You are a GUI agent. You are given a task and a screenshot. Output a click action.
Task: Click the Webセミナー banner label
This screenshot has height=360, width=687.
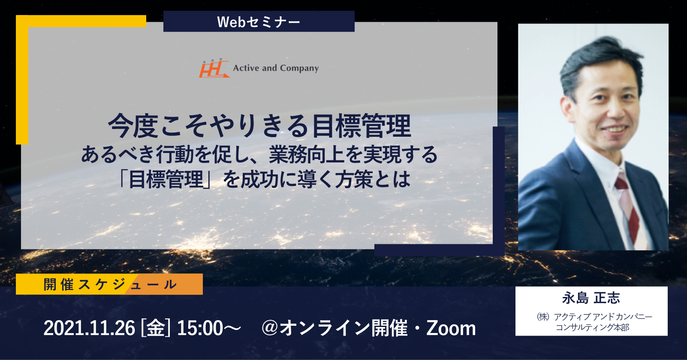tap(259, 22)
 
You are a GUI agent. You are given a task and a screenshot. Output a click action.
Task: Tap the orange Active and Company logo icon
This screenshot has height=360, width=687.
tap(214, 68)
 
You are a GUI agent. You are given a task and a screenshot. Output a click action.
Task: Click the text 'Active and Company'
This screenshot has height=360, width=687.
tap(276, 68)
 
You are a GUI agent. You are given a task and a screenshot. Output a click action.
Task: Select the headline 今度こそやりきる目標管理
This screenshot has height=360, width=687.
tap(259, 126)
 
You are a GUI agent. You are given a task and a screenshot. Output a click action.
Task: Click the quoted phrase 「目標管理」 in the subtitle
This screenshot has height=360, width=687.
tap(166, 179)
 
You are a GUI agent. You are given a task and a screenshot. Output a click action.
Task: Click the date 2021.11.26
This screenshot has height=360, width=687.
tap(89, 328)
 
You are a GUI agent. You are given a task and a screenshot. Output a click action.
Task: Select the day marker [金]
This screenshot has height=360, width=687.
tap(155, 328)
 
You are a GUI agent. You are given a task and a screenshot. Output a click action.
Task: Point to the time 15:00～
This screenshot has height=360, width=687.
tap(209, 328)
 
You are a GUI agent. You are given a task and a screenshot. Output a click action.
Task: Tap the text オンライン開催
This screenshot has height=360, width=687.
tap(343, 328)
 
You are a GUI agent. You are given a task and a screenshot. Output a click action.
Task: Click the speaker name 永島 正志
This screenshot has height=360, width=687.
tap(591, 298)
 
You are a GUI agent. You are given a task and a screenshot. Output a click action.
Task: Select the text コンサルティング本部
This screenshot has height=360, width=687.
tap(592, 327)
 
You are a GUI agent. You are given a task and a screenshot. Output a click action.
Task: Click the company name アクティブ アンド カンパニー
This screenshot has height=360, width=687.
tap(603, 316)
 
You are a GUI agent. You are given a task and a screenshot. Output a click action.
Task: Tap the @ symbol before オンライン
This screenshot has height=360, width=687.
tap(270, 328)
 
